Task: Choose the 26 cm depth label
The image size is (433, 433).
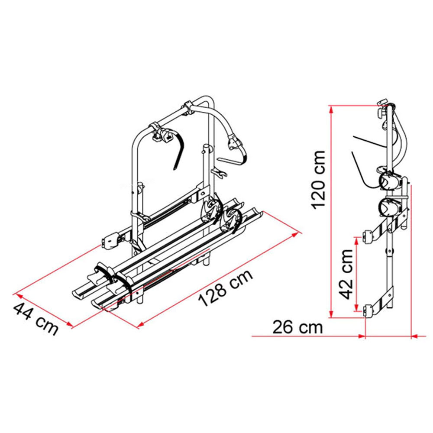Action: click(x=297, y=327)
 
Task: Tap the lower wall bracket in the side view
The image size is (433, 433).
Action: click(x=368, y=311)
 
